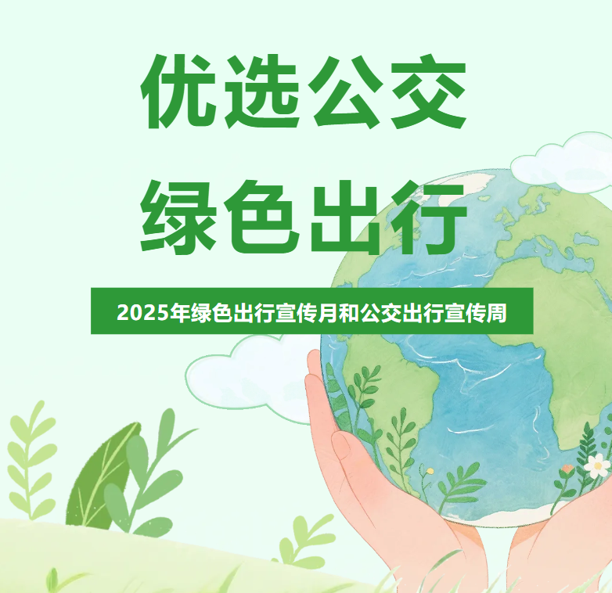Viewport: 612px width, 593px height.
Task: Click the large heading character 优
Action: (178, 91)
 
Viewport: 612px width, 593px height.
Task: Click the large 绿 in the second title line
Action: (178, 216)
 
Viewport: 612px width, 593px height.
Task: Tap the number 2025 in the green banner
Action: (143, 313)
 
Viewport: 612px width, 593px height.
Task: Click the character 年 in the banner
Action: (179, 313)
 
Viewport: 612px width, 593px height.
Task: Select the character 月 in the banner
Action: (327, 313)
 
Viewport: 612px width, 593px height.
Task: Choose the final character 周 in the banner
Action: (496, 313)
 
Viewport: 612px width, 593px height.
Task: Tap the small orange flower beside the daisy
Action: (568, 469)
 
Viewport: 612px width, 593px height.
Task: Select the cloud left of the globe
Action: (250, 378)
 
